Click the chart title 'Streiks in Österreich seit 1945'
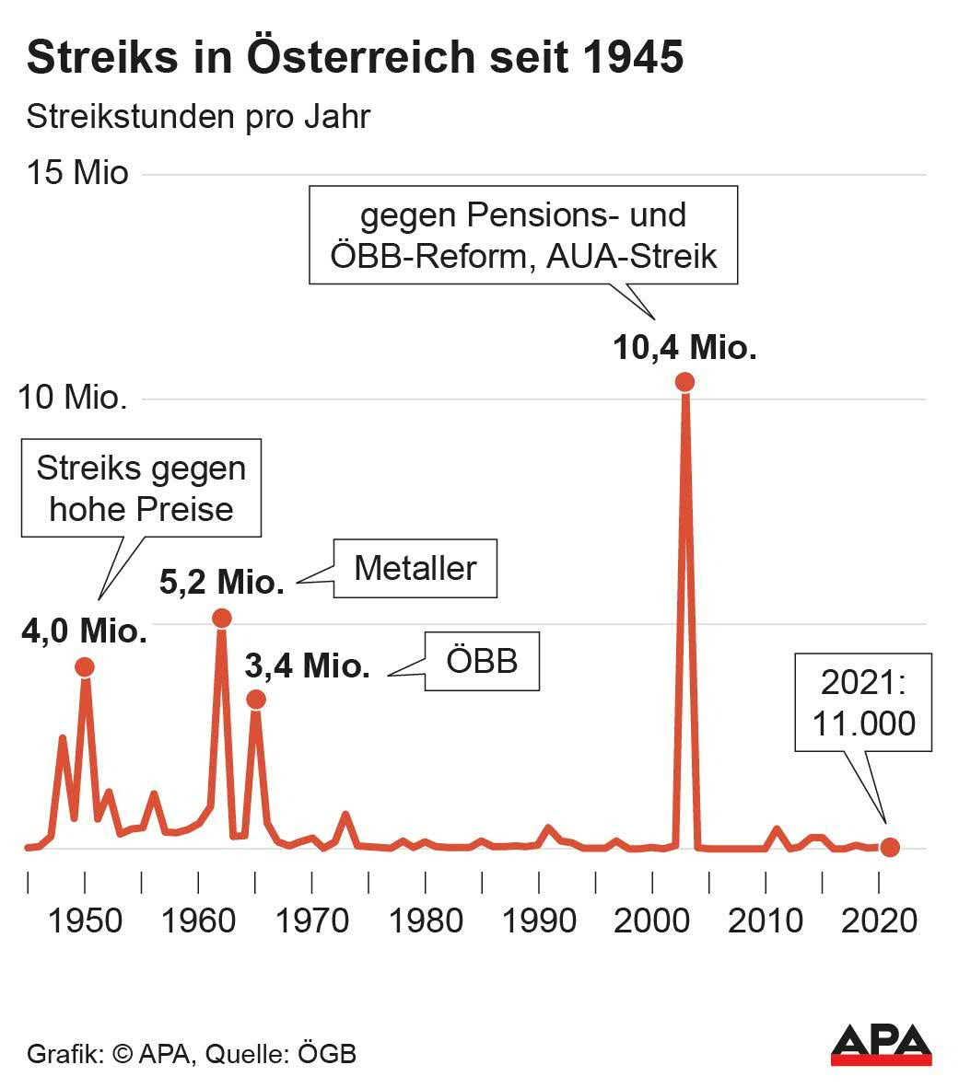pyautogui.click(x=355, y=57)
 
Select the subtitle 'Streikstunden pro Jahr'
pyautogui.click(x=198, y=117)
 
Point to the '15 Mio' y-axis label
pyautogui.click(x=77, y=173)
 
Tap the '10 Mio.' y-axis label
pyautogui.click(x=73, y=398)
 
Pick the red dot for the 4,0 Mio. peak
pyautogui.click(x=85, y=666)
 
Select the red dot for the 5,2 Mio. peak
pyautogui.click(x=221, y=618)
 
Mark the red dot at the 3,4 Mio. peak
pyautogui.click(x=256, y=700)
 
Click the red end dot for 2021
pyautogui.click(x=889, y=847)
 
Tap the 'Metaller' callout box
pyautogui.click(x=415, y=568)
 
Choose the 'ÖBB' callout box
pyautogui.click(x=481, y=661)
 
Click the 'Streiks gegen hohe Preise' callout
pyautogui.click(x=141, y=489)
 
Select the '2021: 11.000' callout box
pyautogui.click(x=863, y=702)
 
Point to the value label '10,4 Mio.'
pyautogui.click(x=684, y=348)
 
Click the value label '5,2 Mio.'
pyautogui.click(x=221, y=583)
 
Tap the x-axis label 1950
pyautogui.click(x=85, y=920)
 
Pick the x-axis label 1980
pyautogui.click(x=426, y=920)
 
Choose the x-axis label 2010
pyautogui.click(x=766, y=920)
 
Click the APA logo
pyautogui.click(x=881, y=1045)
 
